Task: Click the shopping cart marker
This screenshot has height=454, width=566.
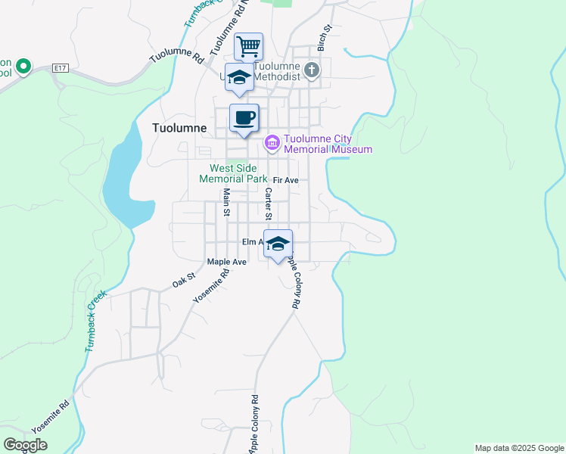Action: coord(249,47)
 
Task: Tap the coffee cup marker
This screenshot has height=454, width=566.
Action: coord(244,119)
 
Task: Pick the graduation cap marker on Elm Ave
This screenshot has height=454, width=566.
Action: coord(278,244)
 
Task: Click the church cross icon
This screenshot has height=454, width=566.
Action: coord(312,70)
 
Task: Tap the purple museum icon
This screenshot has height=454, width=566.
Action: coord(272,142)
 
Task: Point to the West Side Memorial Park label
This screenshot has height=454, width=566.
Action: coord(233,173)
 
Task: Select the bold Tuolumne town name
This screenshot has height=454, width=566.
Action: coord(179,128)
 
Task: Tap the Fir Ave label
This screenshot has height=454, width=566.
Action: coord(286,180)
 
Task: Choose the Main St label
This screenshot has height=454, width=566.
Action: coord(225,202)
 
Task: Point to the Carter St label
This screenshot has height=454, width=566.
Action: coord(267,200)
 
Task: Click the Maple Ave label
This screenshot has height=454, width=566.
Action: coord(227,262)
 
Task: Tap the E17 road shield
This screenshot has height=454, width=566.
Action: coord(61,68)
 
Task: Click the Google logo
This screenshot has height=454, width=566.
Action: coord(25,445)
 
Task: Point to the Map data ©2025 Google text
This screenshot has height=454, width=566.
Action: coord(519,448)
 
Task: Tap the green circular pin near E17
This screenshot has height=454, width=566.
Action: coord(23,67)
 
